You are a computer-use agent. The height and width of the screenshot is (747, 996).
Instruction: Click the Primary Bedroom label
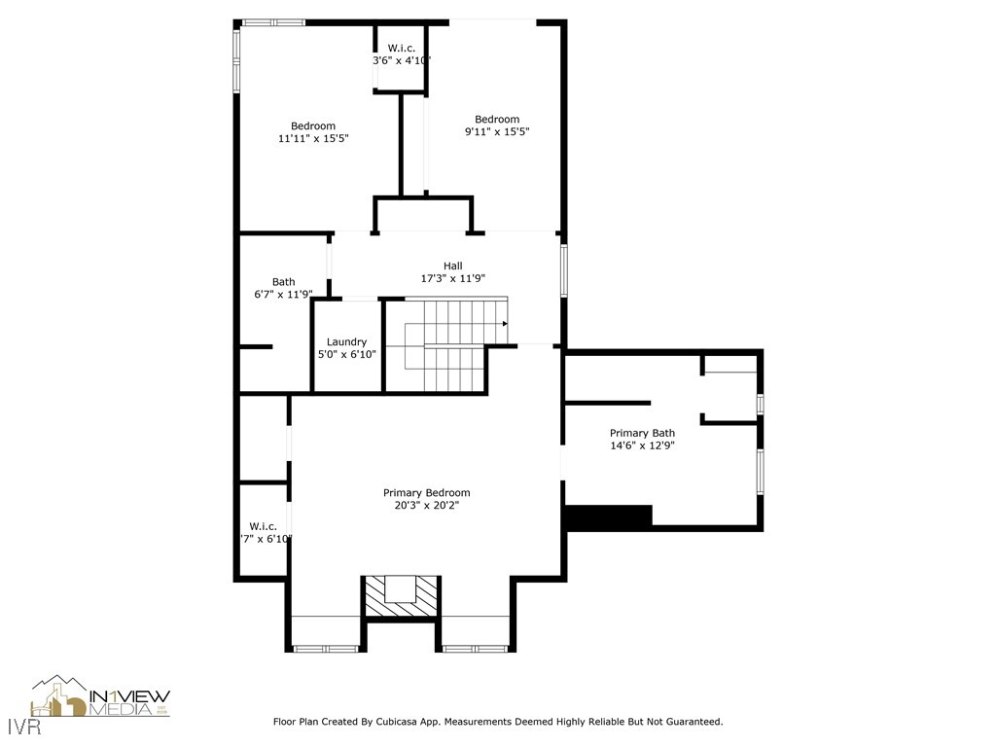pyautogui.click(x=426, y=493)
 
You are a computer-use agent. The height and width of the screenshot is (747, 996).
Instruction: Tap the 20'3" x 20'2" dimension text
pyautogui.click(x=426, y=506)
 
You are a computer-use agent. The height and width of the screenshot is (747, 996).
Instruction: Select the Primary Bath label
pyautogui.click(x=642, y=433)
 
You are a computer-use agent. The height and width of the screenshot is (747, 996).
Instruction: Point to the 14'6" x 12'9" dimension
pyautogui.click(x=642, y=445)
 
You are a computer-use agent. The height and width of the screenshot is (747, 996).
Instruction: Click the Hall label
pyautogui.click(x=453, y=266)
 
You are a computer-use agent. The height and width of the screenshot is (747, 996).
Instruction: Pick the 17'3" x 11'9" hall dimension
pyautogui.click(x=453, y=278)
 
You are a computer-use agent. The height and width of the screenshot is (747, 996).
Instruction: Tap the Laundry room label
pyautogui.click(x=346, y=341)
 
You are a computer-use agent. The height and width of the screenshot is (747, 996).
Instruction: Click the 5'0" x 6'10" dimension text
pyautogui.click(x=346, y=354)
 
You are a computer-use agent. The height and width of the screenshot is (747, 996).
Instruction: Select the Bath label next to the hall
pyautogui.click(x=283, y=282)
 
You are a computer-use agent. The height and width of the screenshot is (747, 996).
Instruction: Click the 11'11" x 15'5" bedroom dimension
pyautogui.click(x=313, y=138)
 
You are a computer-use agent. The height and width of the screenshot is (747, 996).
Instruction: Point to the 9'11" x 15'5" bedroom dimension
pyautogui.click(x=497, y=131)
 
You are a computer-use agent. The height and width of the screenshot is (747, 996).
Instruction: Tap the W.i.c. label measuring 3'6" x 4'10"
pyautogui.click(x=402, y=48)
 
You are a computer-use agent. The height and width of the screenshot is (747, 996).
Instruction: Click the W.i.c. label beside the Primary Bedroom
pyautogui.click(x=264, y=526)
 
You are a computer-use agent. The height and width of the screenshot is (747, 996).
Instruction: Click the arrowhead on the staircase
pyautogui.click(x=505, y=323)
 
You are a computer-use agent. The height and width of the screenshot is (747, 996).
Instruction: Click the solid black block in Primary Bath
pyautogui.click(x=609, y=517)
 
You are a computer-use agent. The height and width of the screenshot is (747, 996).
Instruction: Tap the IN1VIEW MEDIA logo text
pyautogui.click(x=128, y=702)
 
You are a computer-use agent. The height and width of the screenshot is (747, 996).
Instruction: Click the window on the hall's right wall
pyautogui.click(x=563, y=270)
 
